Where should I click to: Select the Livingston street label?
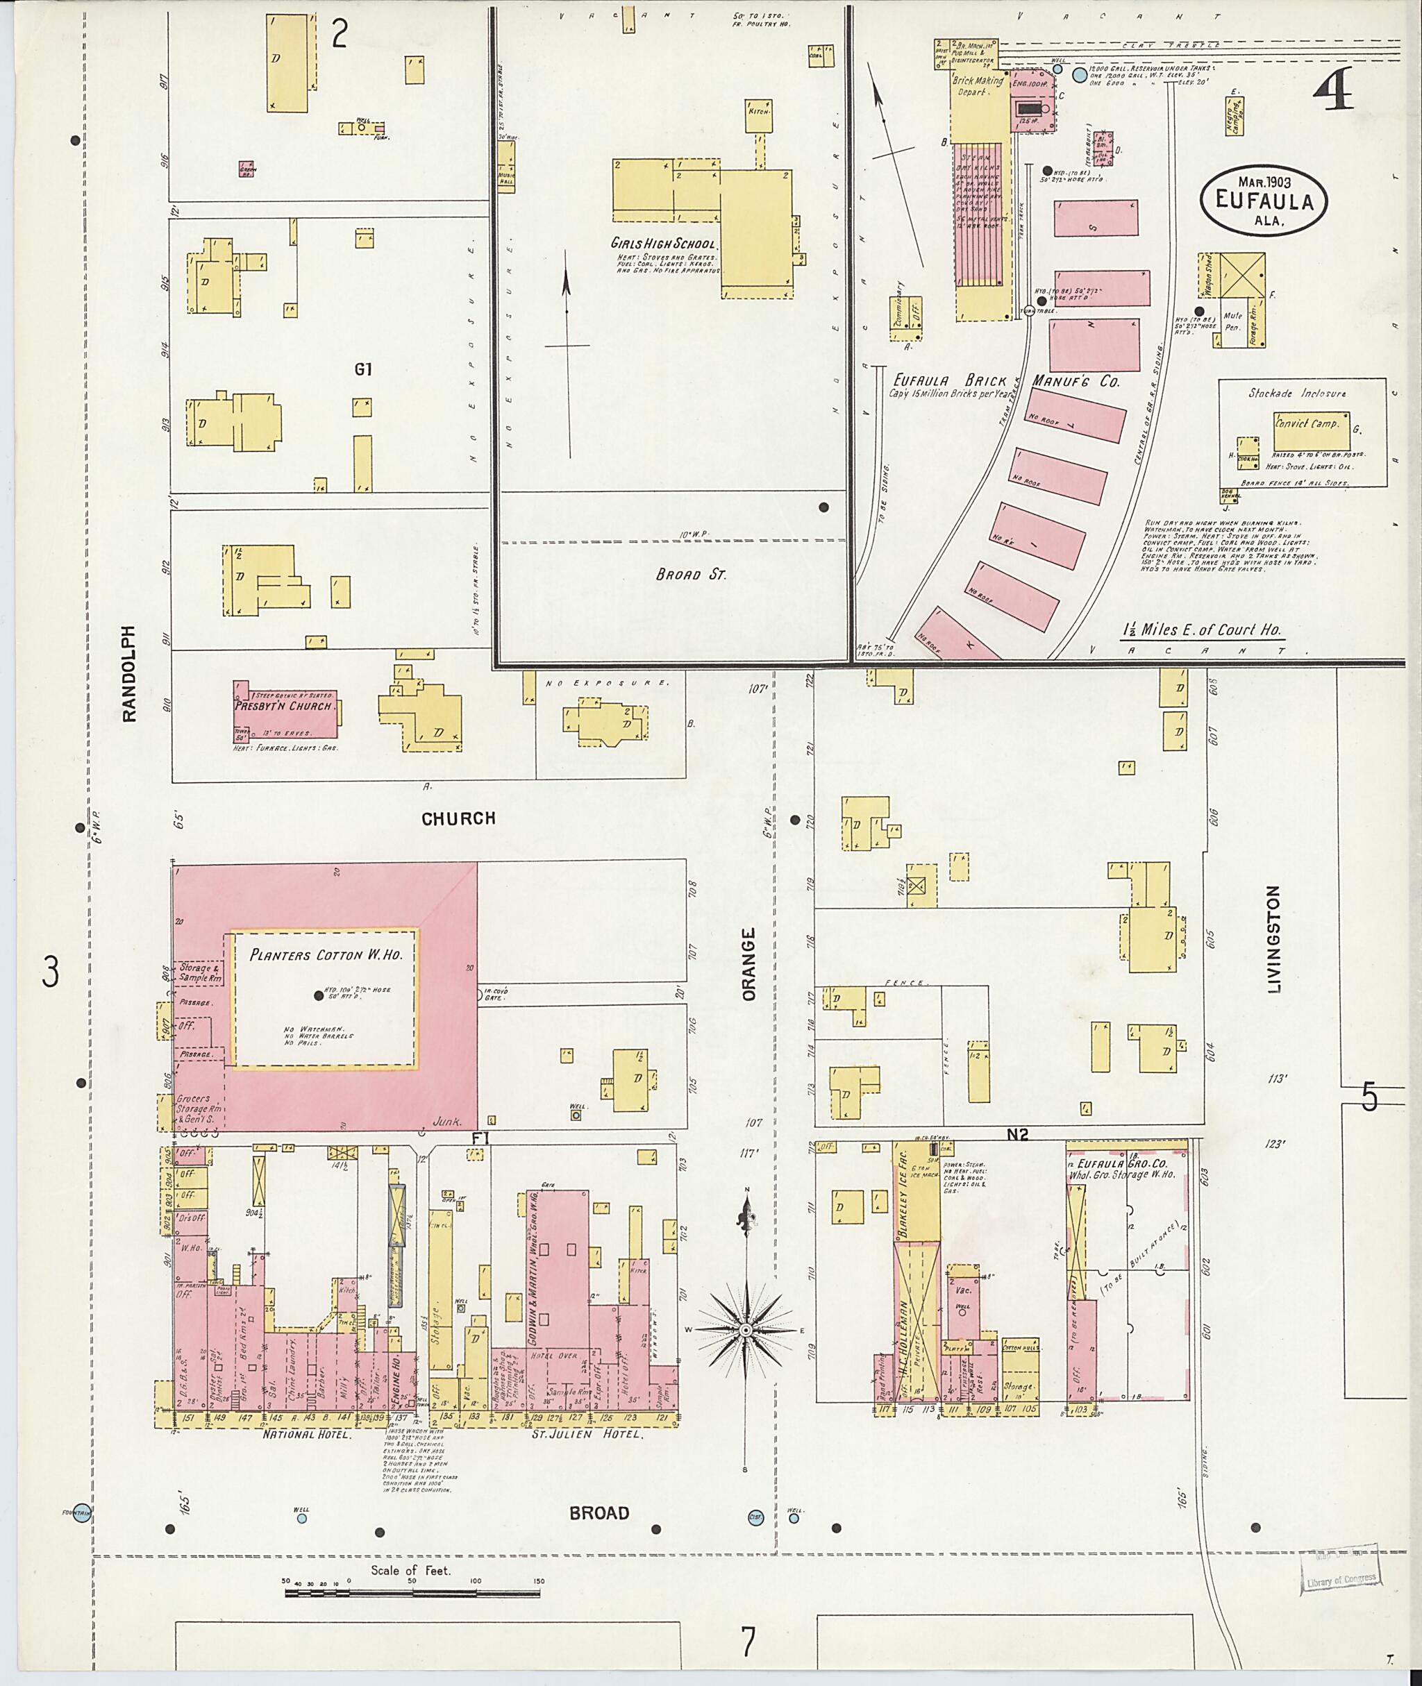[x=1273, y=939]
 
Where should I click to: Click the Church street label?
[x=458, y=819]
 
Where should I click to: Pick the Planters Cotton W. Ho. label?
[x=325, y=955]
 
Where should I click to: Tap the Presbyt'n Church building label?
[x=283, y=707]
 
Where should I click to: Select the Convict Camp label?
[x=1306, y=423]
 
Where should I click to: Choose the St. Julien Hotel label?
[x=589, y=1435]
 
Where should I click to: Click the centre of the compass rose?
[x=746, y=1328]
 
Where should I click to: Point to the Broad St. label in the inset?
[x=691, y=575]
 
